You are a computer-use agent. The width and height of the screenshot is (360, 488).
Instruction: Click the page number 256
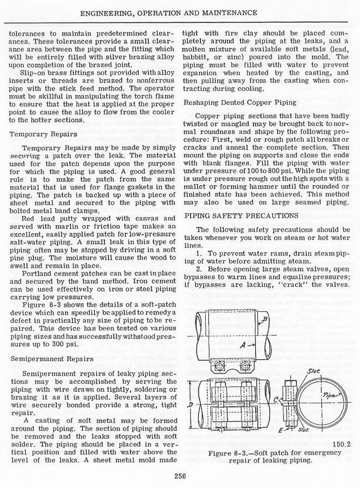tap(180, 477)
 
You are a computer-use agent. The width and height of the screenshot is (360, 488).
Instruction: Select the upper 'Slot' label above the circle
tap(313, 370)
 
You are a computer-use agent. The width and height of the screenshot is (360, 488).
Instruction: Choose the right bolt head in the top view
tap(245, 365)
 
